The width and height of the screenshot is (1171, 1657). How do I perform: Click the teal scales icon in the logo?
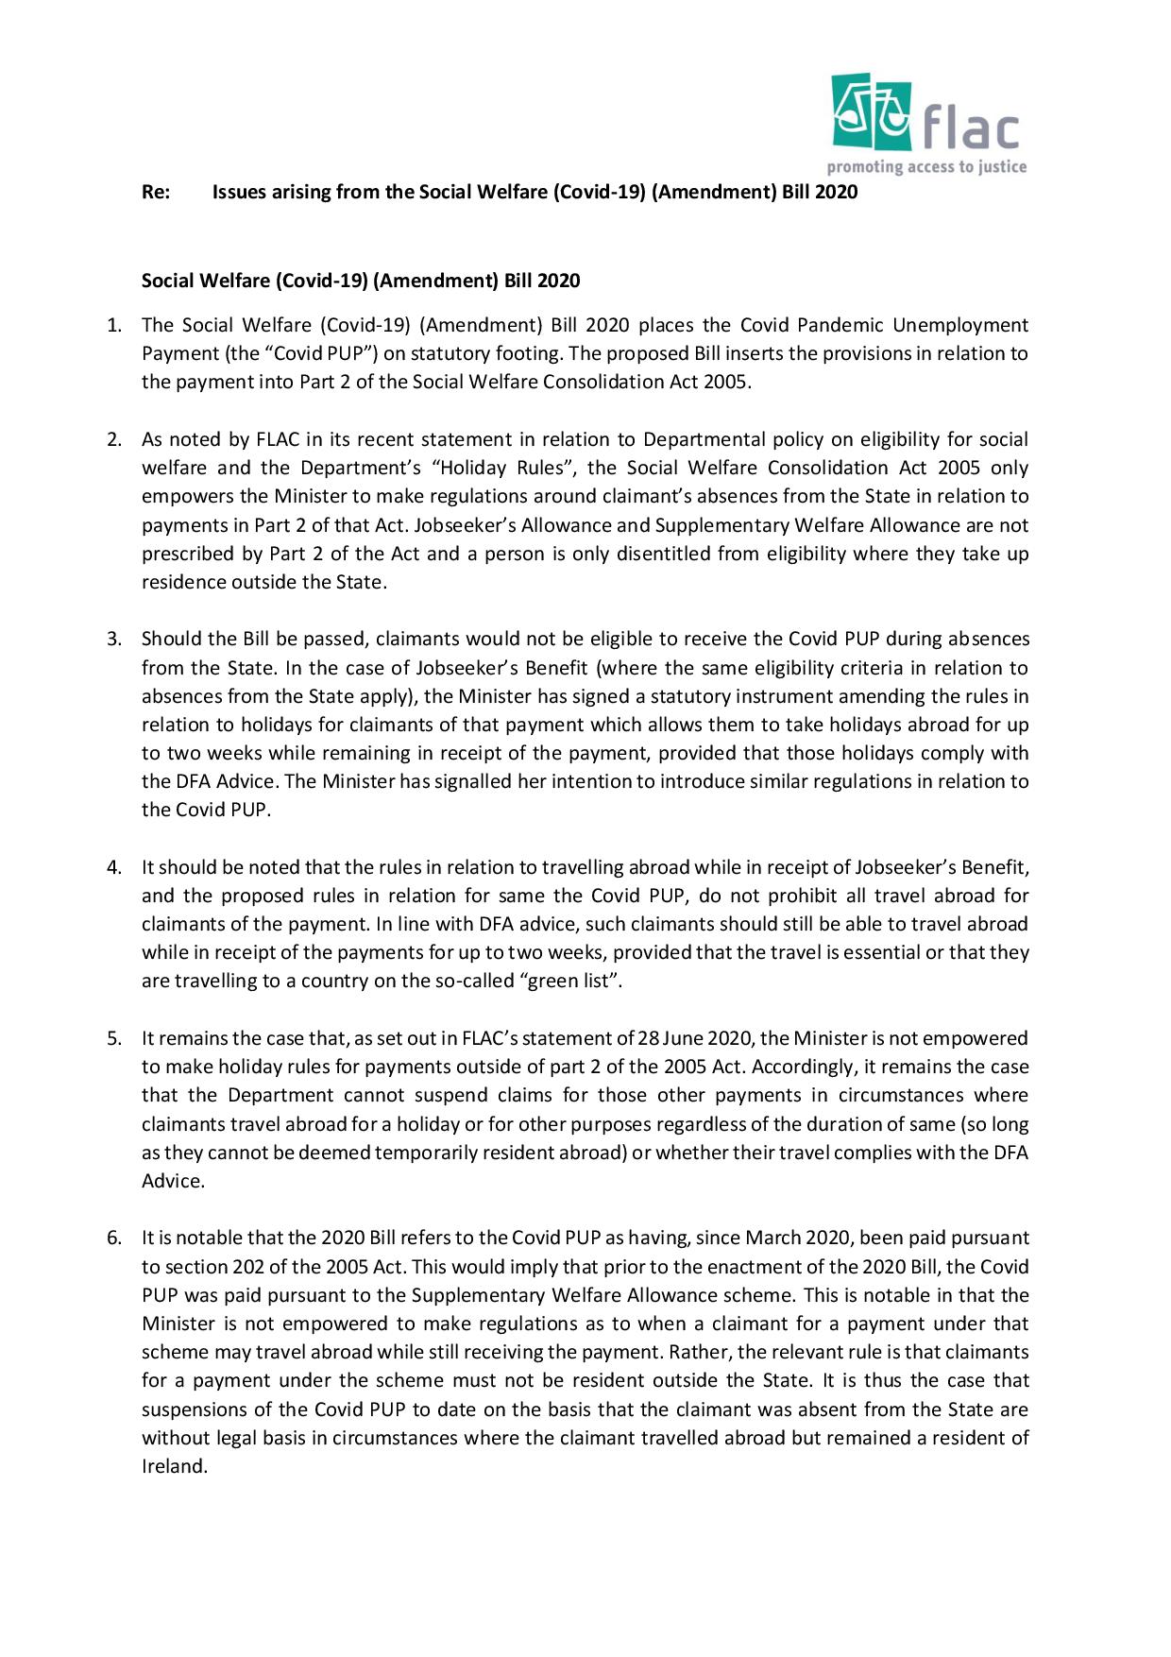click(871, 113)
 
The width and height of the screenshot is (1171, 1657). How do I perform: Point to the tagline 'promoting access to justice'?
click(926, 168)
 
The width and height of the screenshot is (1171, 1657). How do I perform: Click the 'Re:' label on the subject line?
click(155, 193)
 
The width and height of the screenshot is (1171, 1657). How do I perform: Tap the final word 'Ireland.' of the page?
click(174, 1467)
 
